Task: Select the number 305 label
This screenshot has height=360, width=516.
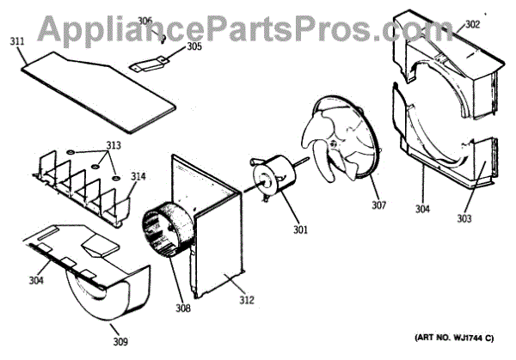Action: pyautogui.click(x=194, y=47)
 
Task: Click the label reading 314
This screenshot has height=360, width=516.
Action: pyautogui.click(x=138, y=177)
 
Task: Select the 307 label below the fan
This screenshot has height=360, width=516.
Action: pyautogui.click(x=378, y=206)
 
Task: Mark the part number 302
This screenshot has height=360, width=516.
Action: pyautogui.click(x=472, y=25)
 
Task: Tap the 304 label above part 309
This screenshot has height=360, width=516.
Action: pyautogui.click(x=35, y=279)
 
